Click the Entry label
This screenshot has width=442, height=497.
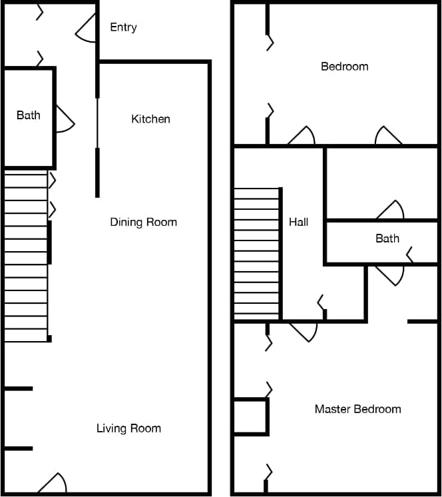pyautogui.click(x=123, y=27)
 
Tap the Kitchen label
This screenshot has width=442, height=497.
pyautogui.click(x=150, y=119)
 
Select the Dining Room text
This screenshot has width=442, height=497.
pyautogui.click(x=143, y=222)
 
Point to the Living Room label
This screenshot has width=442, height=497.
pyautogui.click(x=128, y=428)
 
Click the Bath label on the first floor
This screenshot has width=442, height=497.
pyautogui.click(x=28, y=115)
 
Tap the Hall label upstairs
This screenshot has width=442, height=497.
pyautogui.click(x=298, y=222)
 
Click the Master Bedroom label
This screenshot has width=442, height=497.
pyautogui.click(x=357, y=409)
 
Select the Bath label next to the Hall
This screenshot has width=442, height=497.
pyautogui.click(x=387, y=239)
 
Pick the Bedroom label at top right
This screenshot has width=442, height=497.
pyautogui.click(x=344, y=67)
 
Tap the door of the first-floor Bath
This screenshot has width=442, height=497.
pyautogui.click(x=65, y=120)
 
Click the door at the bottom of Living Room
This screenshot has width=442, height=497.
pyautogui.click(x=53, y=484)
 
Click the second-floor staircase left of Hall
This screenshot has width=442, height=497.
pyautogui.click(x=256, y=253)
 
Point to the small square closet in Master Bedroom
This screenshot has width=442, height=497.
pyautogui.click(x=250, y=417)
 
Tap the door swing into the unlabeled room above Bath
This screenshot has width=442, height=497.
pyautogui.click(x=391, y=211)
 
